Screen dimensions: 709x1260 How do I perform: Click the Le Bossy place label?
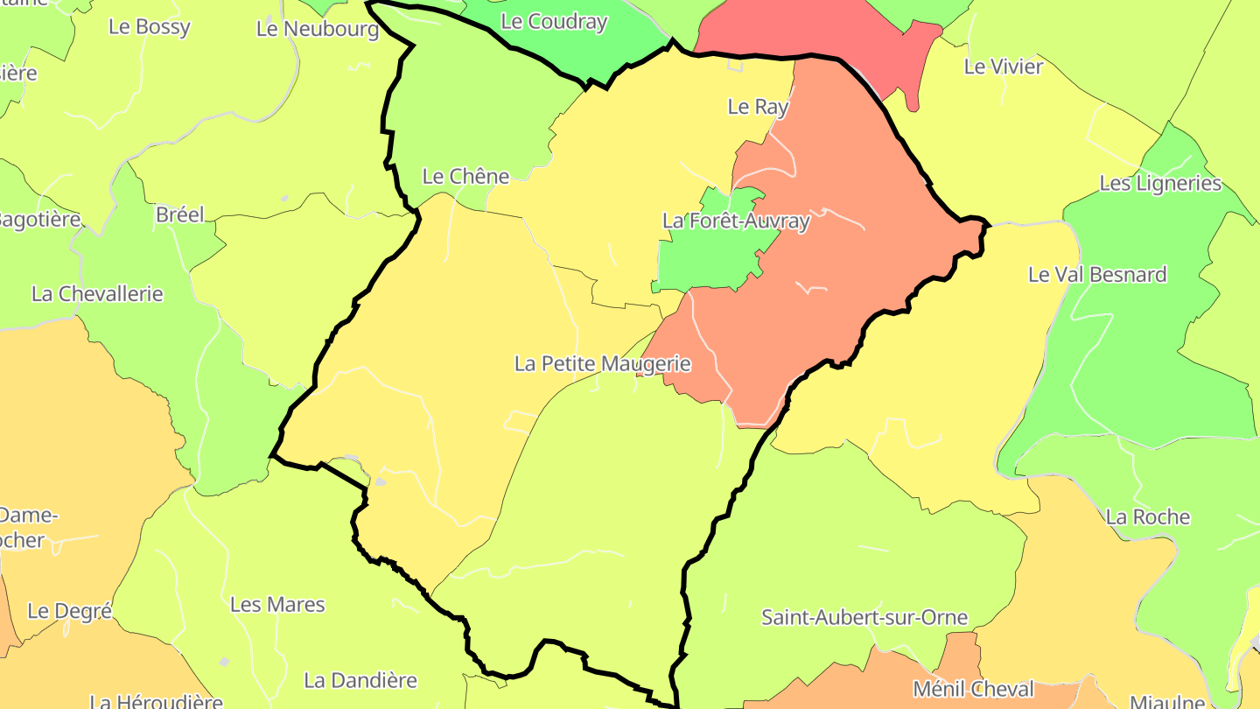(x=149, y=27)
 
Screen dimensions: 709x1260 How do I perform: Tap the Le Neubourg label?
(x=318, y=29)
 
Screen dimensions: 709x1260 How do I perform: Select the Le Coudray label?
(x=554, y=22)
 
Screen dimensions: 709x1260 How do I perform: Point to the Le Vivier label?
(x=1003, y=67)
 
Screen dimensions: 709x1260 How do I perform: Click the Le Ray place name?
(x=758, y=107)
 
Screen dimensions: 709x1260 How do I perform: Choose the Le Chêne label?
(x=465, y=176)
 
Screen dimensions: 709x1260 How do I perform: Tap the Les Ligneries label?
(x=1160, y=184)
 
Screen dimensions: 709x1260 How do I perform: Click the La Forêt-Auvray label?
(x=736, y=221)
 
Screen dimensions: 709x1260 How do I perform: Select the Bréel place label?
(x=179, y=214)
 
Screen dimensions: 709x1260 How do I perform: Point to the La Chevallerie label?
(x=97, y=293)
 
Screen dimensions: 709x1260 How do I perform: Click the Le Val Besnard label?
(x=1096, y=275)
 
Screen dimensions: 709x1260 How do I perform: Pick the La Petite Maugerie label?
(x=603, y=363)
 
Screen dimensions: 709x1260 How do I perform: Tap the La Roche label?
(x=1147, y=517)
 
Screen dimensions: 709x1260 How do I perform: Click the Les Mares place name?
(x=277, y=605)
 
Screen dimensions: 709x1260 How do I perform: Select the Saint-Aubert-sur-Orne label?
(x=864, y=617)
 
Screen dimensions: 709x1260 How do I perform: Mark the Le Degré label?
(x=70, y=611)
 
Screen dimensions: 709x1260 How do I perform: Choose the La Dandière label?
(x=360, y=680)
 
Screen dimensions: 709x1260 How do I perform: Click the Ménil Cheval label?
(x=973, y=689)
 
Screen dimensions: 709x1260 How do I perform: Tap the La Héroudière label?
(x=157, y=701)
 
